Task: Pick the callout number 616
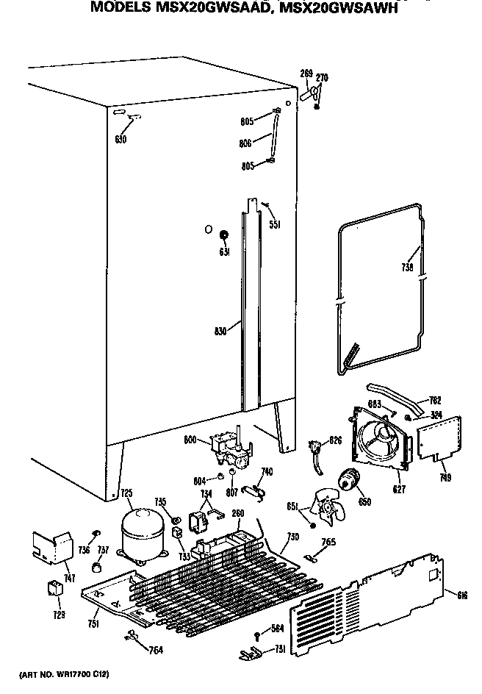pyautogui.click(x=461, y=595)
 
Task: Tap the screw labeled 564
pyautogui.click(x=256, y=634)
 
